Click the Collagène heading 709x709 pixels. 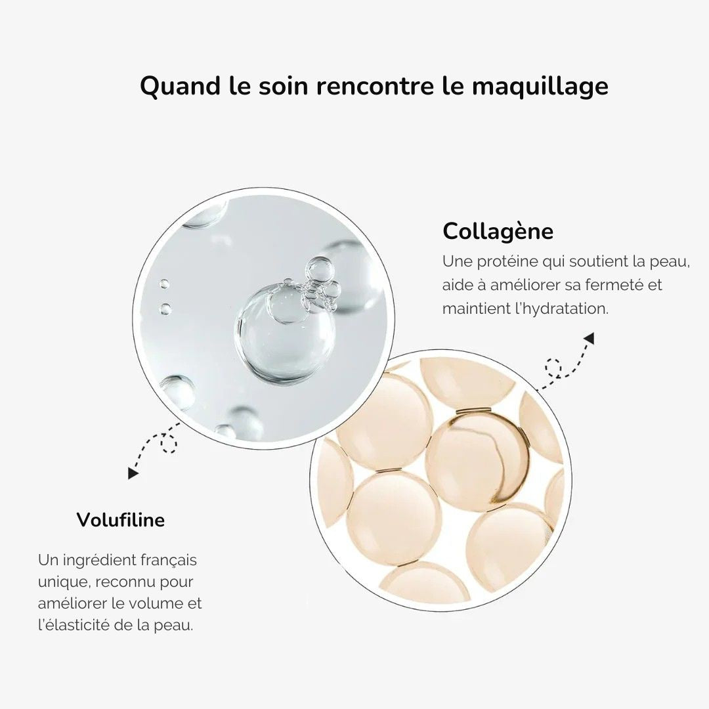(498, 231)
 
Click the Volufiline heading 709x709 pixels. (121, 520)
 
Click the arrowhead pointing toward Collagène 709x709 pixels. (589, 339)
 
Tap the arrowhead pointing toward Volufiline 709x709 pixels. (133, 472)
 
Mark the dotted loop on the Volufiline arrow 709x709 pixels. (169, 444)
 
